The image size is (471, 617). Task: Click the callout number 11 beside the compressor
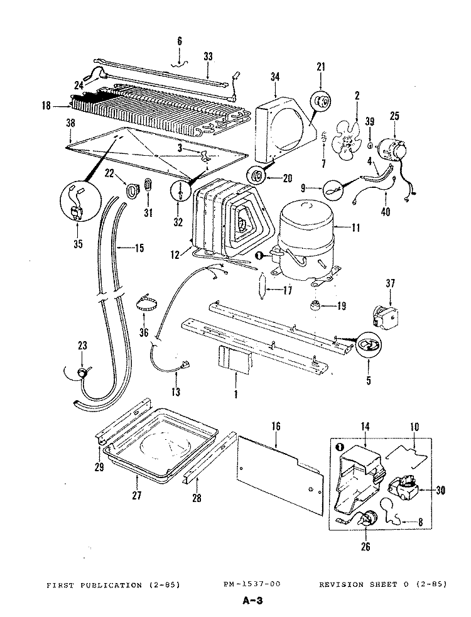point(356,227)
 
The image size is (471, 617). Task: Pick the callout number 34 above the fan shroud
point(274,77)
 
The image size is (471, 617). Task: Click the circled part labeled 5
point(369,344)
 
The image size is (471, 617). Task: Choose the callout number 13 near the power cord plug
point(176,393)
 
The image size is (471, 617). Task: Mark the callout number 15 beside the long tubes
point(139,248)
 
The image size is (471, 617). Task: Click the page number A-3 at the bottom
point(251,601)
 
